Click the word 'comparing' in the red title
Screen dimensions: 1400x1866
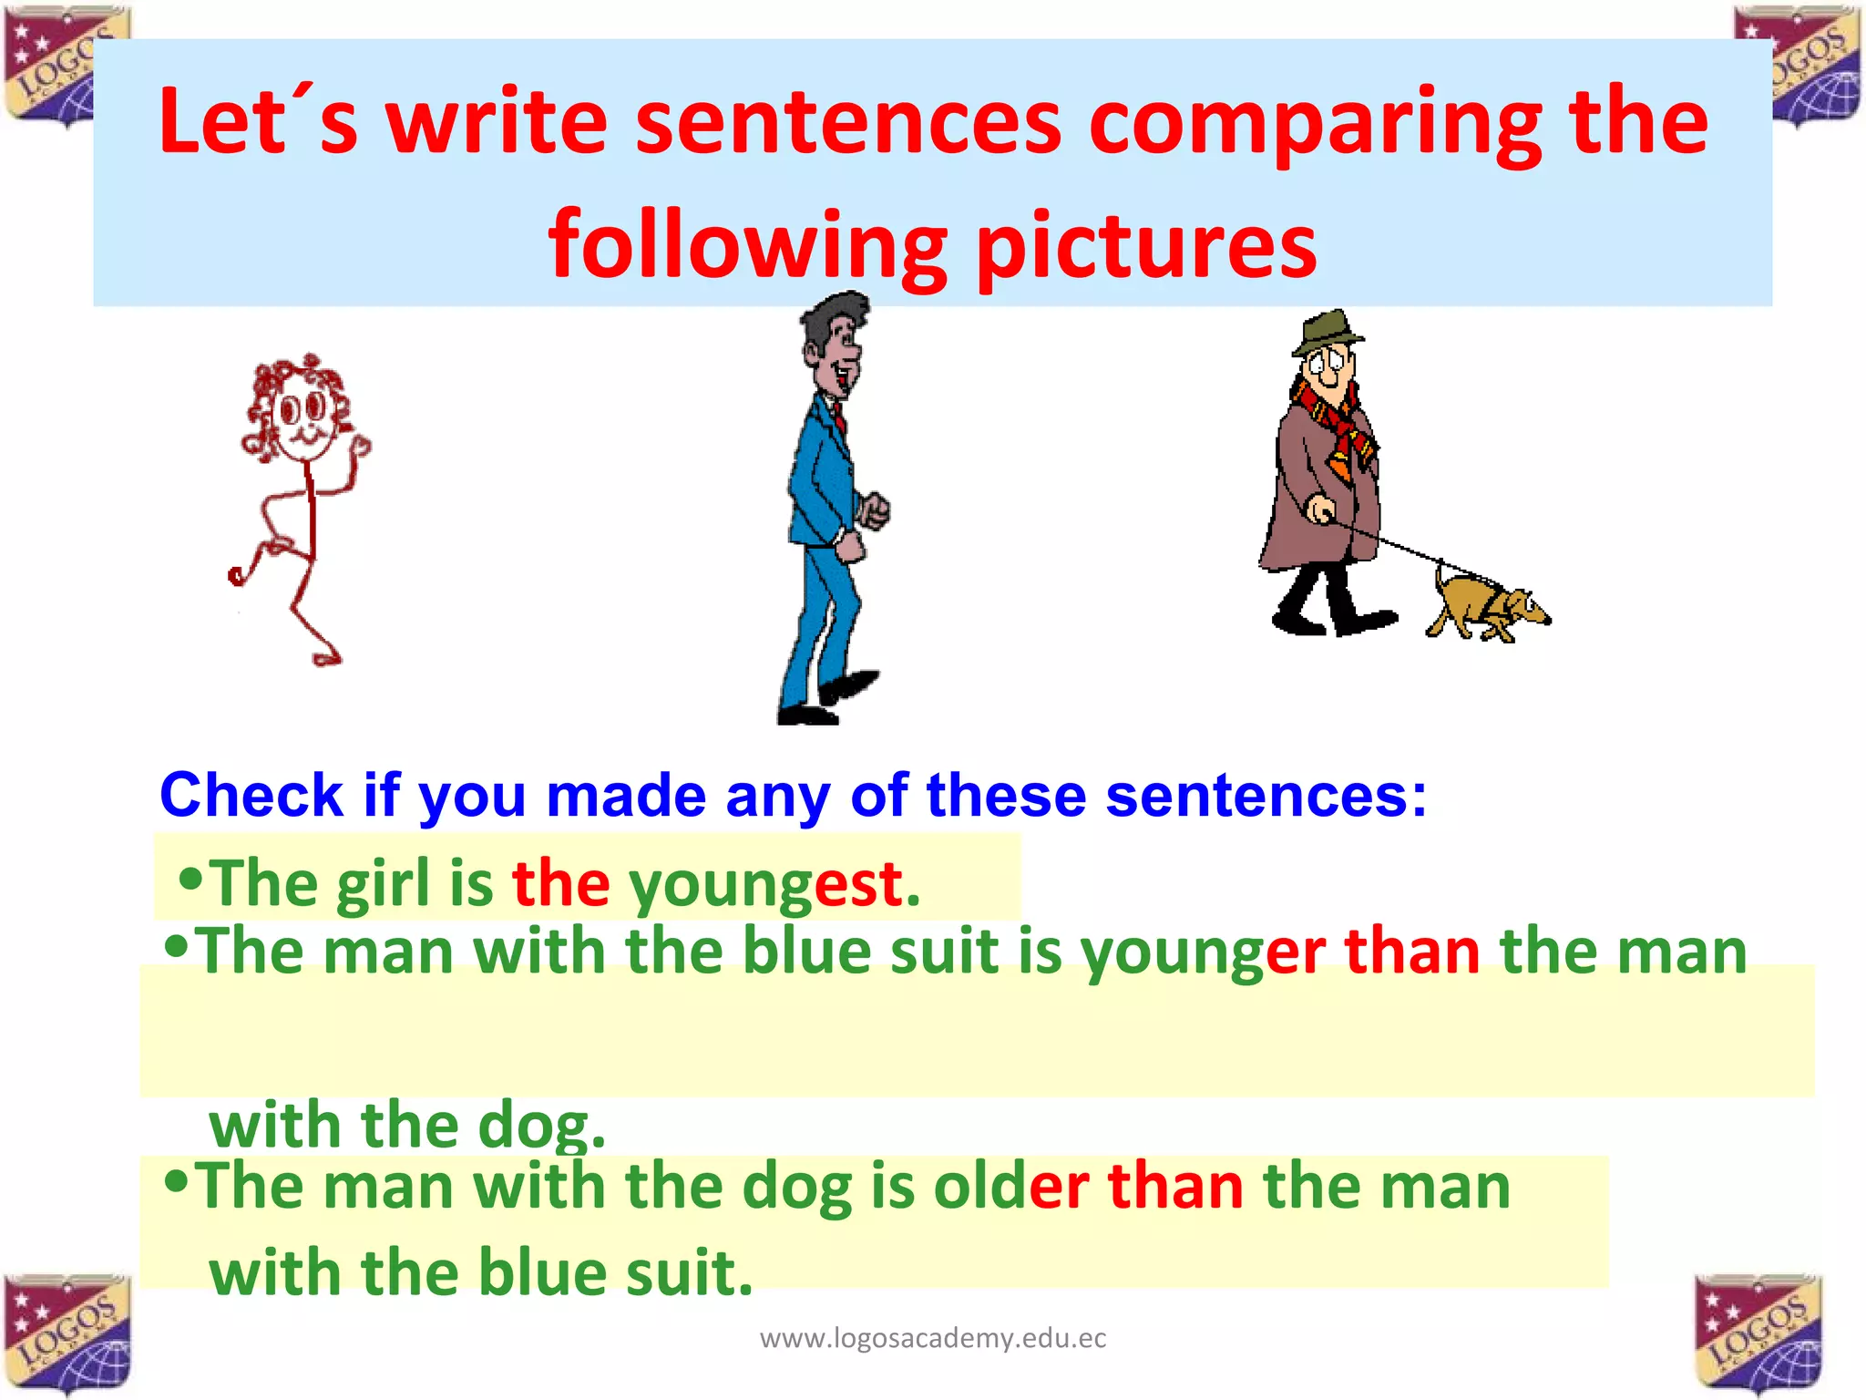[x=1315, y=123]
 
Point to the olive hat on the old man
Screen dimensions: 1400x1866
[x=1328, y=333]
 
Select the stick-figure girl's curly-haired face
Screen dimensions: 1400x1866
[x=301, y=415]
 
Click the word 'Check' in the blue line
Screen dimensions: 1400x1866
[x=251, y=795]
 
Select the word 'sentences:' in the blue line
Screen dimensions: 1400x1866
[x=1266, y=795]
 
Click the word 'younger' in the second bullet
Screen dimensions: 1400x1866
[x=1203, y=952]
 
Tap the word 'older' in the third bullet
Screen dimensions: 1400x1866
[x=1010, y=1187]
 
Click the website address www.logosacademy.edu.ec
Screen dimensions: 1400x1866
[x=933, y=1338]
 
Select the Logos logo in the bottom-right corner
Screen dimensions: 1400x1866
[x=1758, y=1333]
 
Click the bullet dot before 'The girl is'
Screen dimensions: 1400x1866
[x=190, y=880]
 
